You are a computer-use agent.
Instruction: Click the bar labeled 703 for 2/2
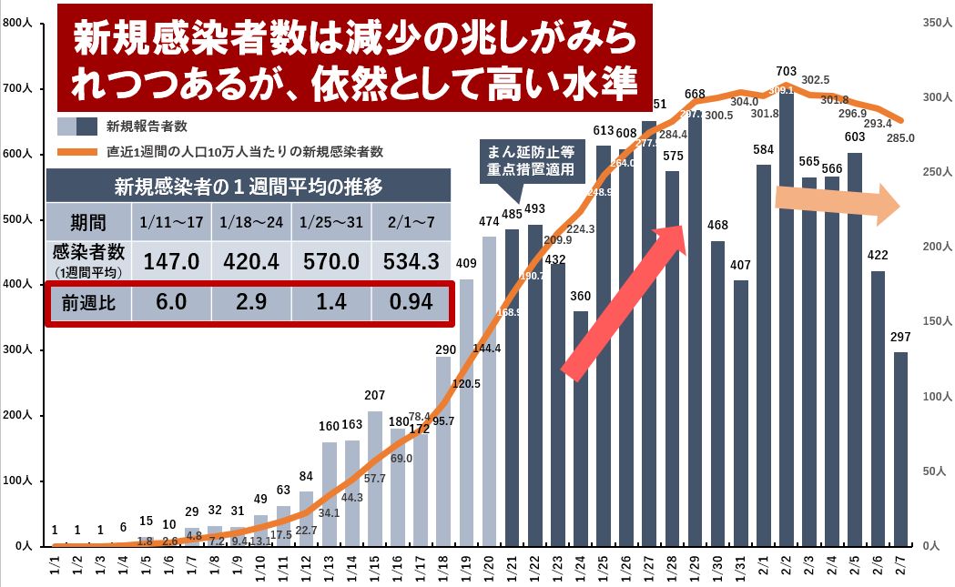tap(787, 319)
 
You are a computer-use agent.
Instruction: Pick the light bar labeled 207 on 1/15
tap(375, 478)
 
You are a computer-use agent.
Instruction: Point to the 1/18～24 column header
tap(250, 223)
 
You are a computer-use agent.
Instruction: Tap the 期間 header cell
tap(87, 223)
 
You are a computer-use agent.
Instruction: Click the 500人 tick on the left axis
tap(17, 219)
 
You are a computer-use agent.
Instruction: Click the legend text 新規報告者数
tap(147, 126)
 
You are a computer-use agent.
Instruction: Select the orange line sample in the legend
tap(77, 151)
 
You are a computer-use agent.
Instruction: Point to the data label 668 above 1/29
tap(696, 94)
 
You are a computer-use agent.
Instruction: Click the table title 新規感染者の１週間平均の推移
tap(248, 186)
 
